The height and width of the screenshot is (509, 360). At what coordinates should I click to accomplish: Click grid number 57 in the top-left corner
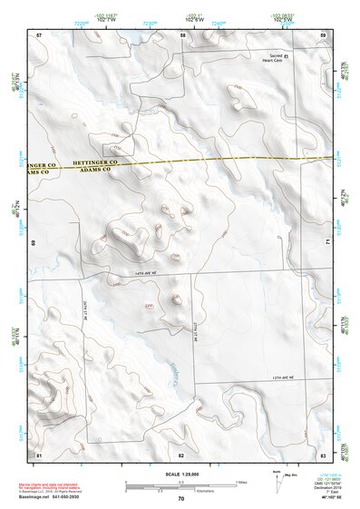click(39, 34)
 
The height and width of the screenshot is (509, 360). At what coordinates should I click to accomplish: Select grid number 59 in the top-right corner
click(323, 34)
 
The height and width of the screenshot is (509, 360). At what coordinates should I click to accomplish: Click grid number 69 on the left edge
click(34, 243)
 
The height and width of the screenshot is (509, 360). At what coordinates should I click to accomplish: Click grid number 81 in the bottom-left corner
click(39, 453)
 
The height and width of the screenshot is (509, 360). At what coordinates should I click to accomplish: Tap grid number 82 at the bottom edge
click(181, 453)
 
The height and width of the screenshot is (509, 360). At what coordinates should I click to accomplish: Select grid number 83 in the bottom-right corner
click(323, 453)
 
